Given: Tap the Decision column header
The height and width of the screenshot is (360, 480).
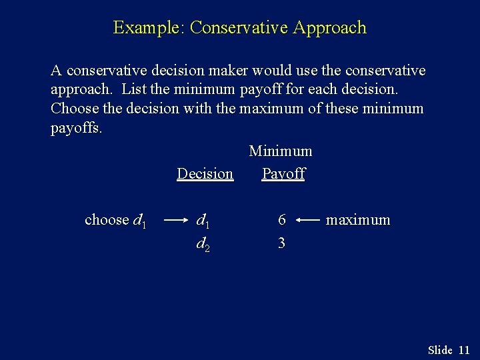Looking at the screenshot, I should coord(205,174).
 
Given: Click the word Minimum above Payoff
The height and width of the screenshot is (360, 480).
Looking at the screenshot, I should coord(280,151).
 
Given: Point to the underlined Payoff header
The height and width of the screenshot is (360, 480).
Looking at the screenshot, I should coord(283,174).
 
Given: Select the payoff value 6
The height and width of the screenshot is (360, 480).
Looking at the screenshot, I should coord(282,220).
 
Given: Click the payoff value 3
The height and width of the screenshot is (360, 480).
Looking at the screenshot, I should coord(281,243).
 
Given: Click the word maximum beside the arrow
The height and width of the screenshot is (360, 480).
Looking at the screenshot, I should coord(357,220).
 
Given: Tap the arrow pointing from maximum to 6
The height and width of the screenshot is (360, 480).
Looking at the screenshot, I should coord(307,220).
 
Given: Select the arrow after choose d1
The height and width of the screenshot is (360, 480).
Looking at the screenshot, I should coord(175,220).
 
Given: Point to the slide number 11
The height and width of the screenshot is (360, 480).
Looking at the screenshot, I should coord(465,350).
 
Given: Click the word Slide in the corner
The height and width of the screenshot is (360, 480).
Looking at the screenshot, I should coord(440,350).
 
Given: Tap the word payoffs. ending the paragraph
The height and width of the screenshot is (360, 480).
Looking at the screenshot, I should coord(77,127).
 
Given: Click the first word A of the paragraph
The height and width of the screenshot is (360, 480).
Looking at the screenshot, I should coord(56,71).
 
